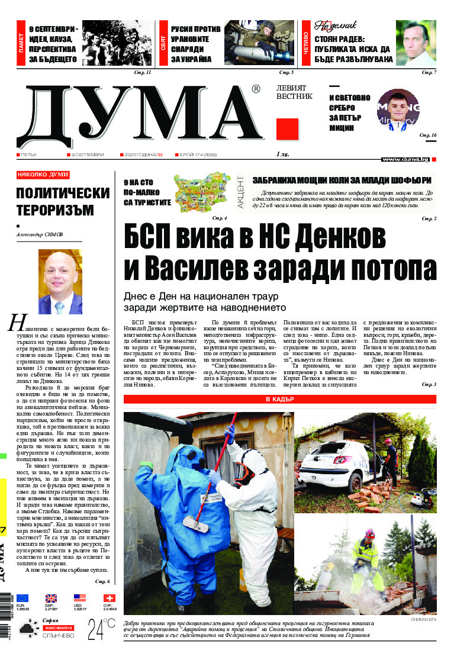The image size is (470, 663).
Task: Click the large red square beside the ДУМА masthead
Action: (x=287, y=128)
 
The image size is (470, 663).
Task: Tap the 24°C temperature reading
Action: (x=101, y=630)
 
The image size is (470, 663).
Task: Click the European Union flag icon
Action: (x=22, y=598)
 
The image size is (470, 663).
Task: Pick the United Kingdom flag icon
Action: (x=51, y=598)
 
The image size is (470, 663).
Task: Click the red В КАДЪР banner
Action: (x=280, y=400)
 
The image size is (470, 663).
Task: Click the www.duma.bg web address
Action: (x=405, y=159)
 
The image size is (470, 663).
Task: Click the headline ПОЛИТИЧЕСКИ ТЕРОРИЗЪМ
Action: (x=63, y=202)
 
